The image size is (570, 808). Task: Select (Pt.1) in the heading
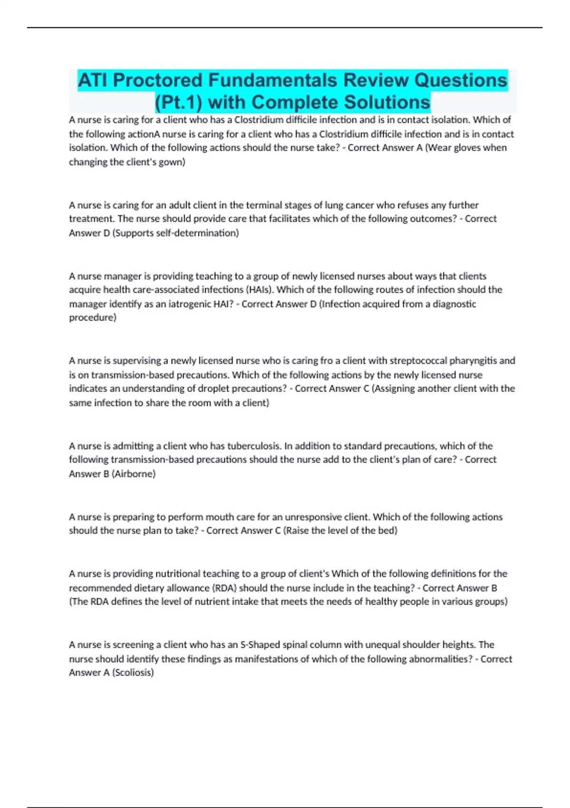point(179,102)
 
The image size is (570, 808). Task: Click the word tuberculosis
point(255,446)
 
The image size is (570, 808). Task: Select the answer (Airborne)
point(133,474)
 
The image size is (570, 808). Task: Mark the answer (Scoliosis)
point(133,673)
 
